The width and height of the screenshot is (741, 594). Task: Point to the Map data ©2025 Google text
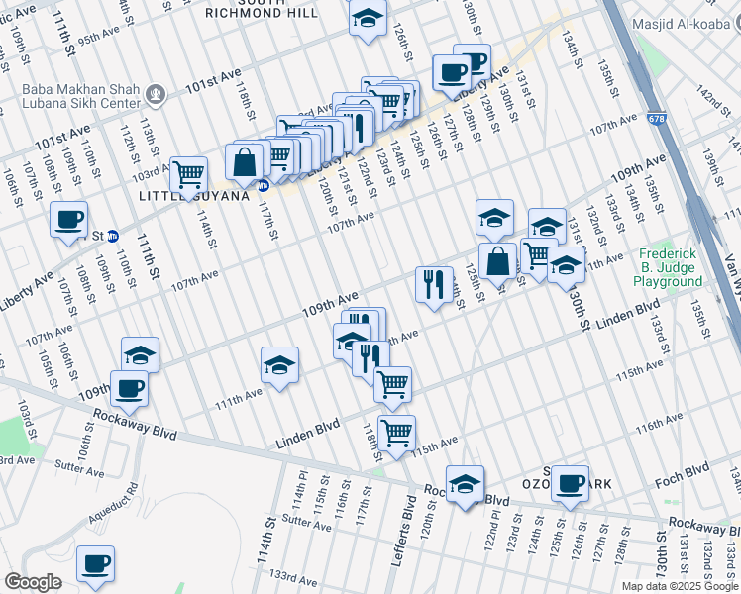coord(680,586)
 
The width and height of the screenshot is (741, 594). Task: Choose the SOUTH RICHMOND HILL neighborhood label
coord(263,9)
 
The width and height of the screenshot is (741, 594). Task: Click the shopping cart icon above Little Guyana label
coord(188,174)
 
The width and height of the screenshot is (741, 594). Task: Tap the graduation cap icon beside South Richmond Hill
coord(368,19)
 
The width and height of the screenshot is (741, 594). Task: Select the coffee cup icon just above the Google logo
coord(95,563)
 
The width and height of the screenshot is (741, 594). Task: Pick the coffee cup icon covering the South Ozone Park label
coord(570,483)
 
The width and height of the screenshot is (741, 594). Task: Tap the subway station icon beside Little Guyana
coord(263,185)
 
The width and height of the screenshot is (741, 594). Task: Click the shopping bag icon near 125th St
coord(497,262)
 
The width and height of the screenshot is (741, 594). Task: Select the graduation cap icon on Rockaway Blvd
coord(465,483)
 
